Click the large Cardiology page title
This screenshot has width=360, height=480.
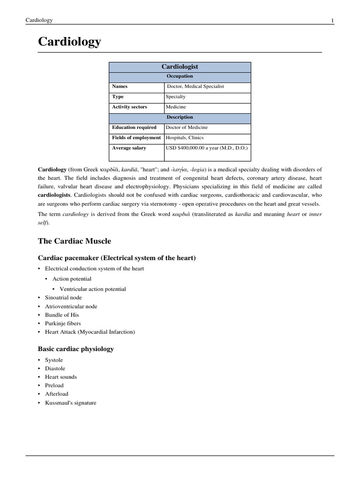pos(69,42)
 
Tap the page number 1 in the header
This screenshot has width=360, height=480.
pos(332,20)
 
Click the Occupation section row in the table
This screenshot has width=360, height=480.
pos(180,76)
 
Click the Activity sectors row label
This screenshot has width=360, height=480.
pos(129,107)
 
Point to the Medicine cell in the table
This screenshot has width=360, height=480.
pos(176,107)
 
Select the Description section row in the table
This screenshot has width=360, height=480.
pos(180,118)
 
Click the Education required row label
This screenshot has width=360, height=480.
pos(134,127)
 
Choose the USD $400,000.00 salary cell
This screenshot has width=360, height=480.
pos(207,148)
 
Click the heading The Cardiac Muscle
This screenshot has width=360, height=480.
pos(74,241)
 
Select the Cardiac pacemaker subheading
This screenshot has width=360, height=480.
pos(116,258)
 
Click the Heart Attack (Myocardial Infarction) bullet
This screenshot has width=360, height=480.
pos(90,332)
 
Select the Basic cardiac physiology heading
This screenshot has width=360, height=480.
pos(75,349)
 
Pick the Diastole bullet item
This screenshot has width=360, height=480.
pos(55,368)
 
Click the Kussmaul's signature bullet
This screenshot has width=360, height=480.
pos(70,402)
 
